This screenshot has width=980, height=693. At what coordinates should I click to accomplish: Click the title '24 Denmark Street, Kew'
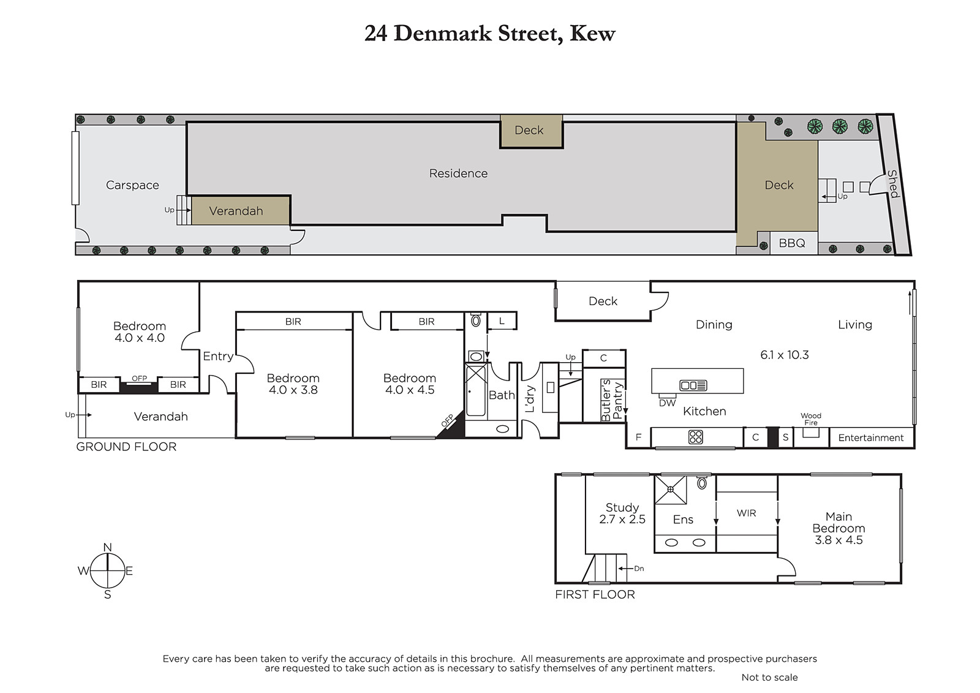coord(489,34)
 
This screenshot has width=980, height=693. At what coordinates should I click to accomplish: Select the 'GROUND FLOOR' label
coord(126,447)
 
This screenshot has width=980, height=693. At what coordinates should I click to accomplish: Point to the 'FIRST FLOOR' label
coord(595,594)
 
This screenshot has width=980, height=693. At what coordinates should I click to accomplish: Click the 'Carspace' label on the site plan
coord(132,185)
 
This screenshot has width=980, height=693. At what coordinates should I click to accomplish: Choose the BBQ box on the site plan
coord(793,243)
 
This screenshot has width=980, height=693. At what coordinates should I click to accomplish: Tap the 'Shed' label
coord(893,184)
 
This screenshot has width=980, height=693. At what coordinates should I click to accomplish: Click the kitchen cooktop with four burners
coord(695,437)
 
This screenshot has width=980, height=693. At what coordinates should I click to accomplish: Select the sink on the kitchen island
coord(693,385)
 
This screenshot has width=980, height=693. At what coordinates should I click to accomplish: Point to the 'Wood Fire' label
coord(811,419)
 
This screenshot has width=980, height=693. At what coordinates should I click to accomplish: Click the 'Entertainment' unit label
coord(870,437)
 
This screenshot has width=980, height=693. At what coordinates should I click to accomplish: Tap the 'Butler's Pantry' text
coord(612,400)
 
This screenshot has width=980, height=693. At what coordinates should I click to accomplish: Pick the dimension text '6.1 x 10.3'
coord(785,355)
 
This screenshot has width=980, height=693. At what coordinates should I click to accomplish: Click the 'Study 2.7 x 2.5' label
coord(622,513)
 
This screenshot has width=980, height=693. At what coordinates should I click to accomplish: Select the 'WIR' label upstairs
coord(747,513)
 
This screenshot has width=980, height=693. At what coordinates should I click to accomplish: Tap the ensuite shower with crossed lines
coord(670,490)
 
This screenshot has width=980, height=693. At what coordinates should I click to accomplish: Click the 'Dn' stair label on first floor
coord(639,568)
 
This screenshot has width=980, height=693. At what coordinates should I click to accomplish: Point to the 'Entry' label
coord(218,357)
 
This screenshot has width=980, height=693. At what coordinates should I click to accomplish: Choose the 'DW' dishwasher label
coord(667,403)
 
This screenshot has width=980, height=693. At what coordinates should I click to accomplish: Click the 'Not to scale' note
coord(769,677)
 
